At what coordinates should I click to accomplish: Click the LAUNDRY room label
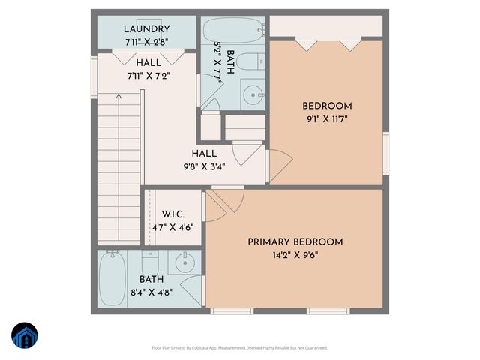[x=148, y=29]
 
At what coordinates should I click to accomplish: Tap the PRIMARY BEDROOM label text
[x=295, y=241]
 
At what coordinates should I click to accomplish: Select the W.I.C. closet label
[x=172, y=214]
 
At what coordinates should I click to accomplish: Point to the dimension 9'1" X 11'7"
[x=327, y=118]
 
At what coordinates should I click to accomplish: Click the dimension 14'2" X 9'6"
[x=295, y=255]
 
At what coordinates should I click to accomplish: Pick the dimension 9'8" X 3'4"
[x=205, y=166]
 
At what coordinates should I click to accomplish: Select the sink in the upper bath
[x=254, y=94]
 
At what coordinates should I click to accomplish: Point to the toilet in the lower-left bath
[x=149, y=262]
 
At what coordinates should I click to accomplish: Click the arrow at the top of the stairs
[x=118, y=97]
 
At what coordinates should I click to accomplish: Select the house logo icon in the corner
[x=25, y=336]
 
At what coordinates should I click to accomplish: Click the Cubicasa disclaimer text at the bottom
[x=240, y=347]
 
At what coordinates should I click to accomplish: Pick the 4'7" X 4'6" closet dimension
[x=172, y=227]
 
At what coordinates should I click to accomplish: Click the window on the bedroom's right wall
[x=386, y=154]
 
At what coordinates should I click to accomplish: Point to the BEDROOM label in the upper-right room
[x=327, y=106]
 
